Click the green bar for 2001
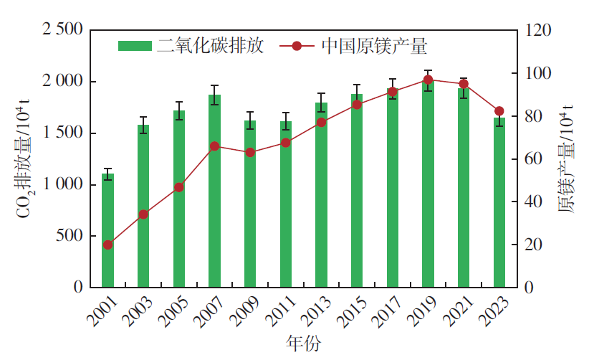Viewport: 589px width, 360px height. [107, 229]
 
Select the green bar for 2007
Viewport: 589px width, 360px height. [214, 190]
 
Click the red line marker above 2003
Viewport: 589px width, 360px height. [143, 214]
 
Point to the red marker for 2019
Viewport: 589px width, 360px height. [428, 80]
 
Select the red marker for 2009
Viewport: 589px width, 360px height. [250, 153]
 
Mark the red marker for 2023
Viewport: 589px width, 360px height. [499, 111]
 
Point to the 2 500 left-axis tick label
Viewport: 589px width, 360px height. [63, 30]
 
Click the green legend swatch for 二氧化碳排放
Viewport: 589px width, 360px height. [135, 47]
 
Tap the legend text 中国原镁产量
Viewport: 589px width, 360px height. [374, 47]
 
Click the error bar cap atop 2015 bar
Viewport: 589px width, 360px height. [357, 85]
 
